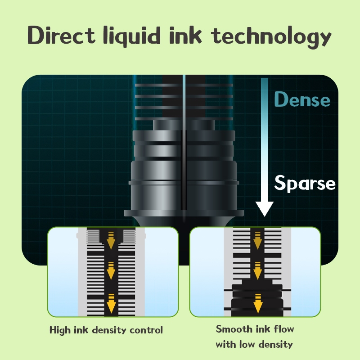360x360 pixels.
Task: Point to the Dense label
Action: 302,99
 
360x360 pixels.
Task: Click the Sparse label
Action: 305,183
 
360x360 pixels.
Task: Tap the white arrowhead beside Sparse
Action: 264,207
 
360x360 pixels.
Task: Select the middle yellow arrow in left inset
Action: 111,270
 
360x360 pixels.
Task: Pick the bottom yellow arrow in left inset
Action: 111,302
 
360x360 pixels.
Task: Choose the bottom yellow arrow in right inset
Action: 258,303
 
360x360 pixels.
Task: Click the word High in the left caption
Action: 60,330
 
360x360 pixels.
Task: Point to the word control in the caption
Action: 146,330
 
